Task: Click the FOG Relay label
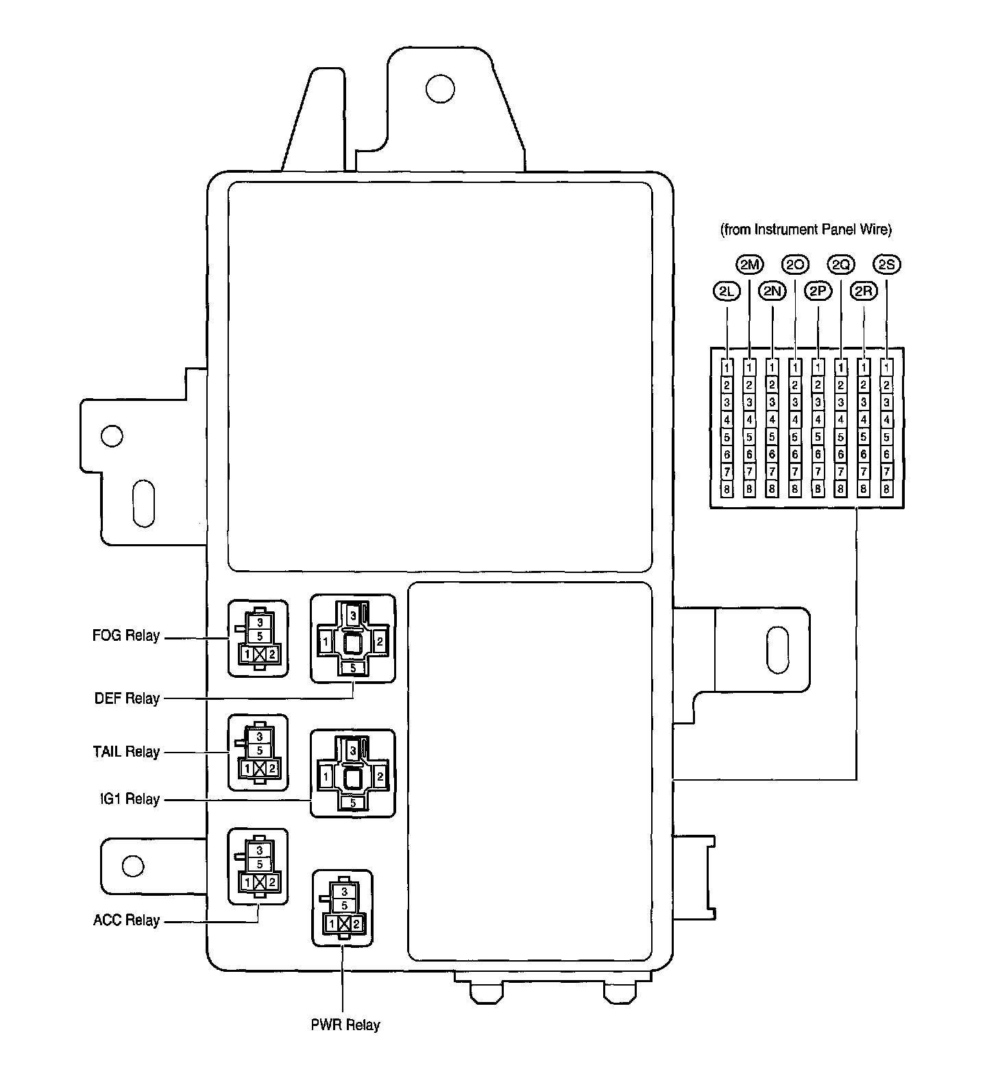tap(126, 636)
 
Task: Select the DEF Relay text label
tap(127, 699)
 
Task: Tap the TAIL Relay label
tap(126, 752)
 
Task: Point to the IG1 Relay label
tap(129, 799)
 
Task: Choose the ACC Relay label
tap(126, 920)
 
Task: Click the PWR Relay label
tap(345, 1025)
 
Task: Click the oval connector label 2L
tap(727, 291)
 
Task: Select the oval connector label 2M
tap(749, 265)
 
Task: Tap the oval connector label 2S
tap(887, 265)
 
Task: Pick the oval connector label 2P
tap(818, 291)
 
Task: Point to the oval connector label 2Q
tap(841, 265)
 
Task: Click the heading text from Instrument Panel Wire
tap(806, 230)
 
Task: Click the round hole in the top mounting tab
tap(439, 88)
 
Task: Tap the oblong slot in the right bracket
tap(777, 649)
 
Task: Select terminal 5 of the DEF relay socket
tap(353, 668)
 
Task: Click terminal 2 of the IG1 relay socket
tap(380, 777)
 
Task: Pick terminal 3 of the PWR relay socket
tap(344, 892)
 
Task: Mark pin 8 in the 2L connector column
tap(727, 489)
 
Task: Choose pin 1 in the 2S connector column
tap(887, 367)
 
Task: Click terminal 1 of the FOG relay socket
tap(247, 655)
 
